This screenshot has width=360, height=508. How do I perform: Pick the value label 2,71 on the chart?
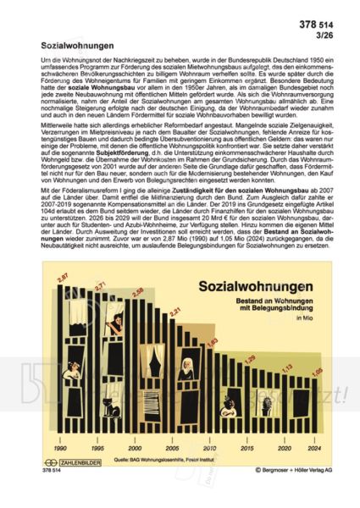100,285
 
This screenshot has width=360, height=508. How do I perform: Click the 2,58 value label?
138,292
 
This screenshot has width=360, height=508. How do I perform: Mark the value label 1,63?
213,341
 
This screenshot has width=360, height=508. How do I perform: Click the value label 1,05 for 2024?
317,372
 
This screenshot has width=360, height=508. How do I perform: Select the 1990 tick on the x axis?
61,447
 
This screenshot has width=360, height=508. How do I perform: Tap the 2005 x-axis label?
171,447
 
